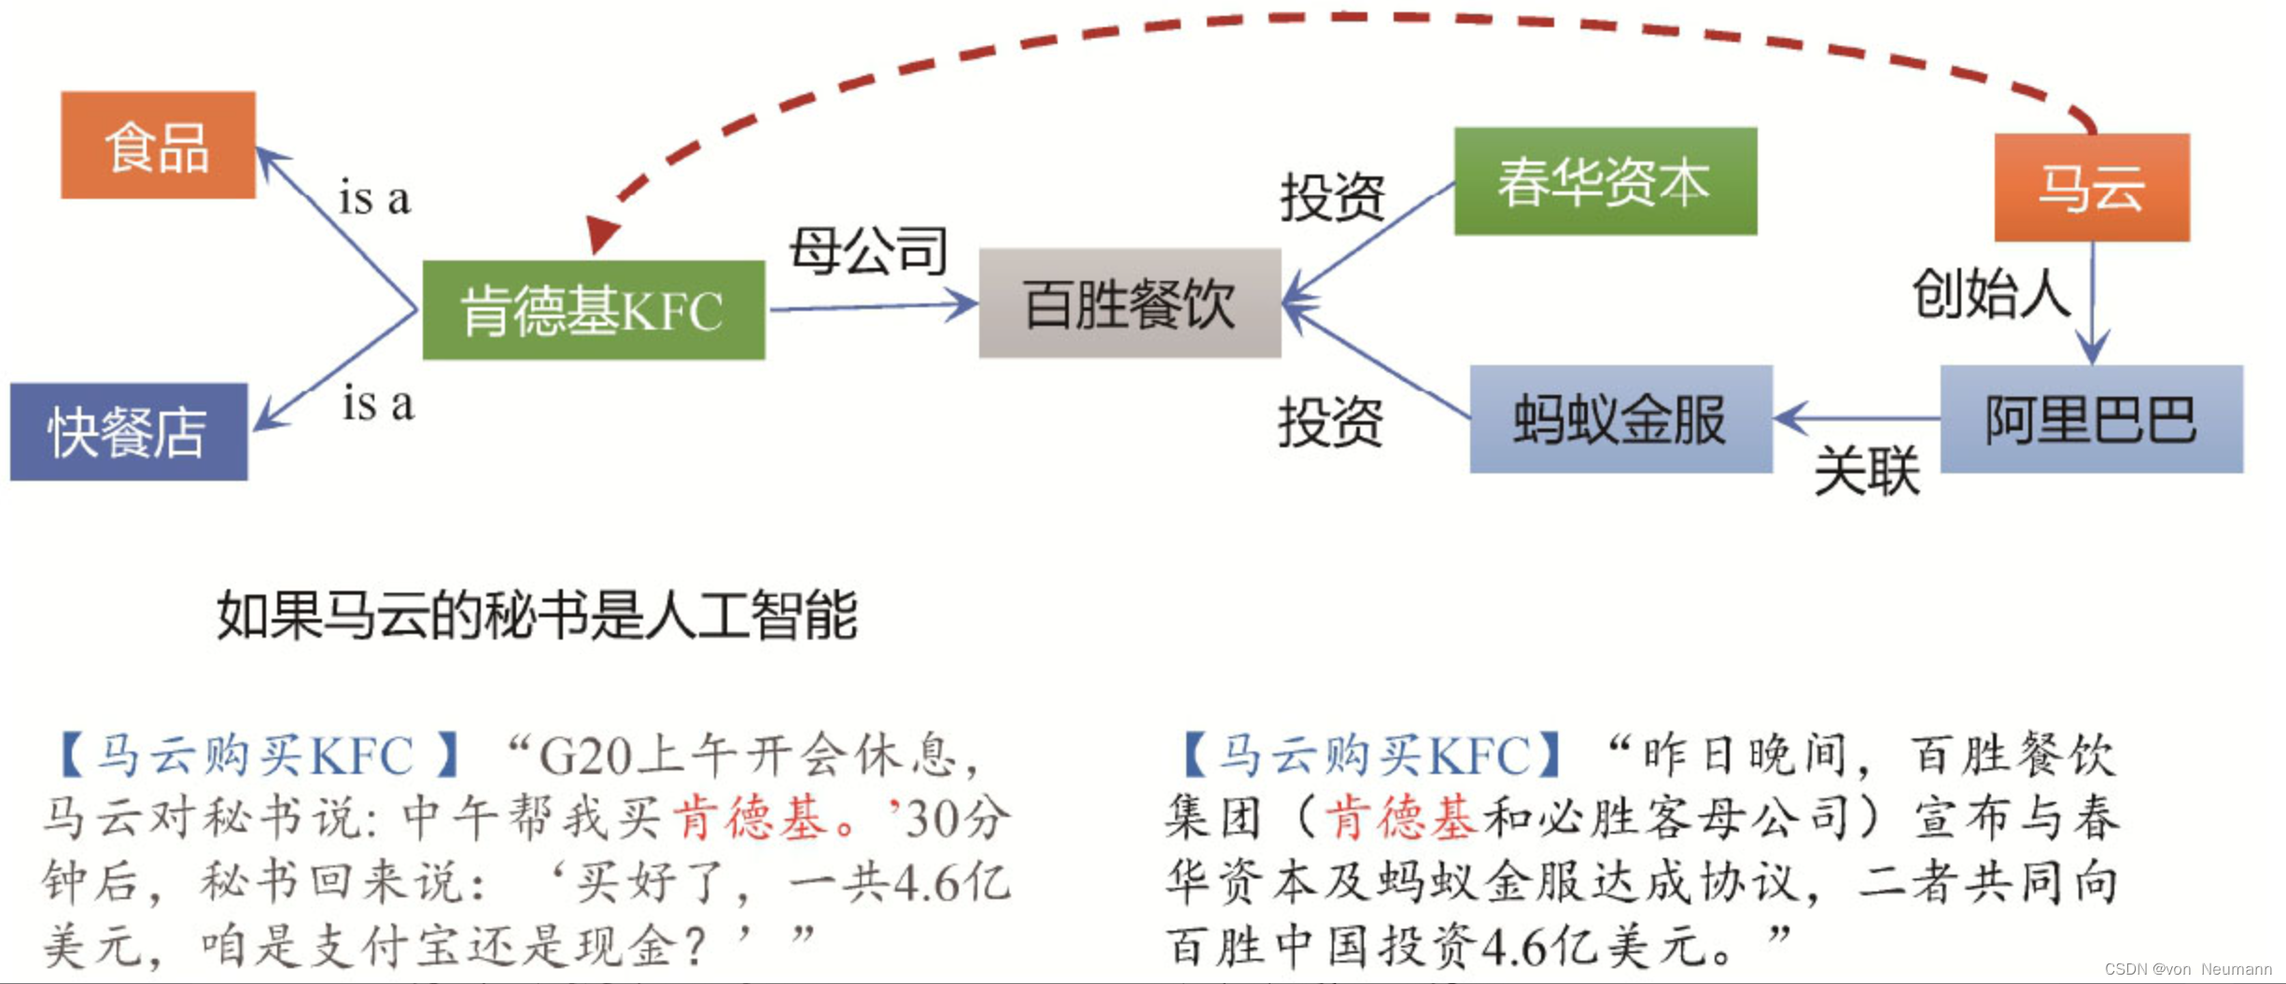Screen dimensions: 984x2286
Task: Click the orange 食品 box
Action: pyautogui.click(x=158, y=146)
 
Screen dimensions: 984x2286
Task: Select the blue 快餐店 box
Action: pyautogui.click(x=129, y=432)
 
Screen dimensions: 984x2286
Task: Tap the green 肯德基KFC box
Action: pyautogui.click(x=594, y=310)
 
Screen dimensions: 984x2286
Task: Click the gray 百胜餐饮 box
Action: pyautogui.click(x=1129, y=303)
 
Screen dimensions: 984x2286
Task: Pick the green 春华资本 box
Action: pyautogui.click(x=1605, y=181)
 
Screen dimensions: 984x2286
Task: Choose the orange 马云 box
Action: pyautogui.click(x=2091, y=188)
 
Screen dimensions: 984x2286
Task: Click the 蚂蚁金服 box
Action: pyautogui.click(x=1620, y=419)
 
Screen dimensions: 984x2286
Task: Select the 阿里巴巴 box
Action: pyautogui.click(x=2091, y=419)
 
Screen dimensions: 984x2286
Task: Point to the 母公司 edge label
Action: pyautogui.click(x=868, y=250)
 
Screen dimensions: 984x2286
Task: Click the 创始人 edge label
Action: pyautogui.click(x=1990, y=293)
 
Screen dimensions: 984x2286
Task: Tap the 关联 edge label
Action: pyautogui.click(x=1867, y=470)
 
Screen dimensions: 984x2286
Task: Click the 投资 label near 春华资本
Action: pyautogui.click(x=1332, y=197)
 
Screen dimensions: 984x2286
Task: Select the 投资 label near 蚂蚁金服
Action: pyautogui.click(x=1330, y=422)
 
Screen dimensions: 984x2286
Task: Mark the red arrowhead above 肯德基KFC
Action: pyautogui.click(x=601, y=233)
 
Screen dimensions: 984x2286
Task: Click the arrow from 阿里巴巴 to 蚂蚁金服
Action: pyautogui.click(x=1858, y=418)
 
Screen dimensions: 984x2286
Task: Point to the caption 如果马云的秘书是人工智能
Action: pyautogui.click(x=537, y=616)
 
